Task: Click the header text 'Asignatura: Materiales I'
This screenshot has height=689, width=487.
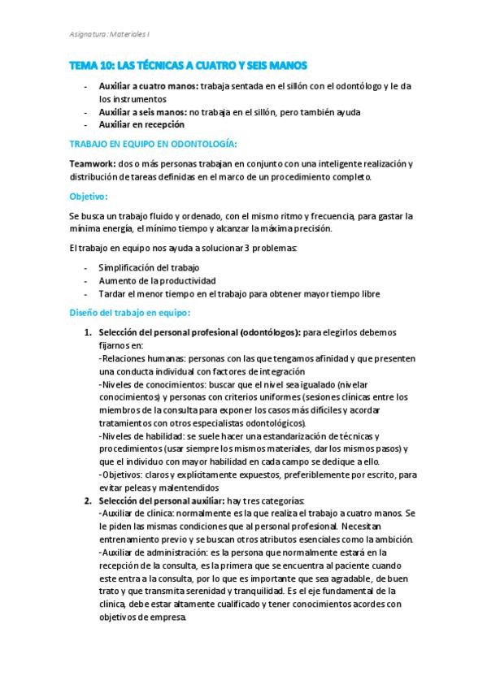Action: pos(109,34)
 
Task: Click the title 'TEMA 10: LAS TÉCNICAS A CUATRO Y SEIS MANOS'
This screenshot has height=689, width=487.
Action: pos(188,65)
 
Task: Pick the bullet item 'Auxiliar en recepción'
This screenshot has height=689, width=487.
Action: pos(141,124)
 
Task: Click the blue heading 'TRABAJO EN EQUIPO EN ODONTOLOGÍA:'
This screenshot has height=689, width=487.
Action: pos(153,144)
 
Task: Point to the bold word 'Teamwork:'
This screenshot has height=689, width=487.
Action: pos(93,163)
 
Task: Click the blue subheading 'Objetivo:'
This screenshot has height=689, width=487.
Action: pos(89,196)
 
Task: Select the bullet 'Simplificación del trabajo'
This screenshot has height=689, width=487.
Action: pos(149,267)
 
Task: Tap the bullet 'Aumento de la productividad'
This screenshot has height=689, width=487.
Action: pos(151,280)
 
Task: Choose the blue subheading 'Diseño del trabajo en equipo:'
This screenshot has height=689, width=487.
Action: pos(130,312)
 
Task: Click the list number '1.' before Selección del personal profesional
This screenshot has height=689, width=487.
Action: pos(89,332)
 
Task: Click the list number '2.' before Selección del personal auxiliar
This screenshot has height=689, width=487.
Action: pos(89,500)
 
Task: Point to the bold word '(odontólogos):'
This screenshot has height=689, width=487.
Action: pos(269,332)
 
